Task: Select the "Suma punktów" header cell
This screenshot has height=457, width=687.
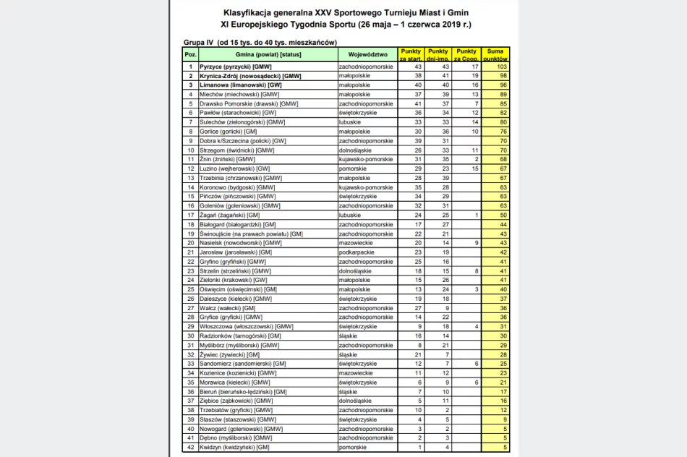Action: coord(495,55)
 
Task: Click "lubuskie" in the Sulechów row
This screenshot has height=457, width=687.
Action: coord(351,122)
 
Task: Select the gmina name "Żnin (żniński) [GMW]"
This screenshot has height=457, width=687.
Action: coord(226,159)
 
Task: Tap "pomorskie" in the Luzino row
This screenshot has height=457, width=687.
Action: coord(353,168)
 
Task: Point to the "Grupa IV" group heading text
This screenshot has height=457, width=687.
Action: coord(200,43)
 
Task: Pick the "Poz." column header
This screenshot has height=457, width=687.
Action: coord(190,55)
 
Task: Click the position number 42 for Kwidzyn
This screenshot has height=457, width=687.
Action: coord(190,447)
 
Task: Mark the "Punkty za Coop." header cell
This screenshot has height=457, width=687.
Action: coord(467,55)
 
